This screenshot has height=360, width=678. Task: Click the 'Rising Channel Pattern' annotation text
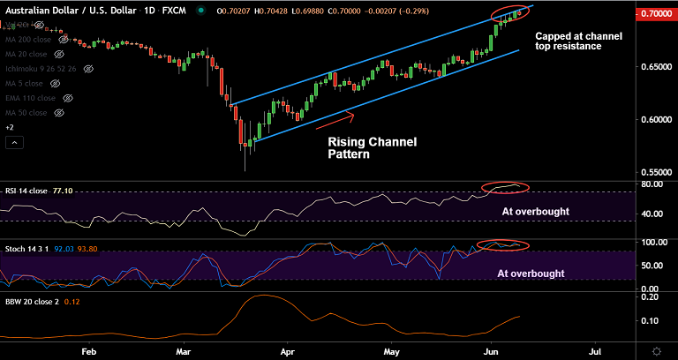point(372,147)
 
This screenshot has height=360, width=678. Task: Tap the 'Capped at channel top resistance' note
point(579,41)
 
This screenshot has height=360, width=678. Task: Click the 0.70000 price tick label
point(655,15)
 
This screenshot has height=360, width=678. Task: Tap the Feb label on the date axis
point(87,350)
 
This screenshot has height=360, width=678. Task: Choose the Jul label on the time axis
point(595,350)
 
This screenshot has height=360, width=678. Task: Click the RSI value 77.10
point(63,191)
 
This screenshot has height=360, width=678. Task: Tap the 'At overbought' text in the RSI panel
point(536,212)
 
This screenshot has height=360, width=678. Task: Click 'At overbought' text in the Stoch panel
point(531,274)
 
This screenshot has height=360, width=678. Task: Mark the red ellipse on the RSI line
point(506,187)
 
